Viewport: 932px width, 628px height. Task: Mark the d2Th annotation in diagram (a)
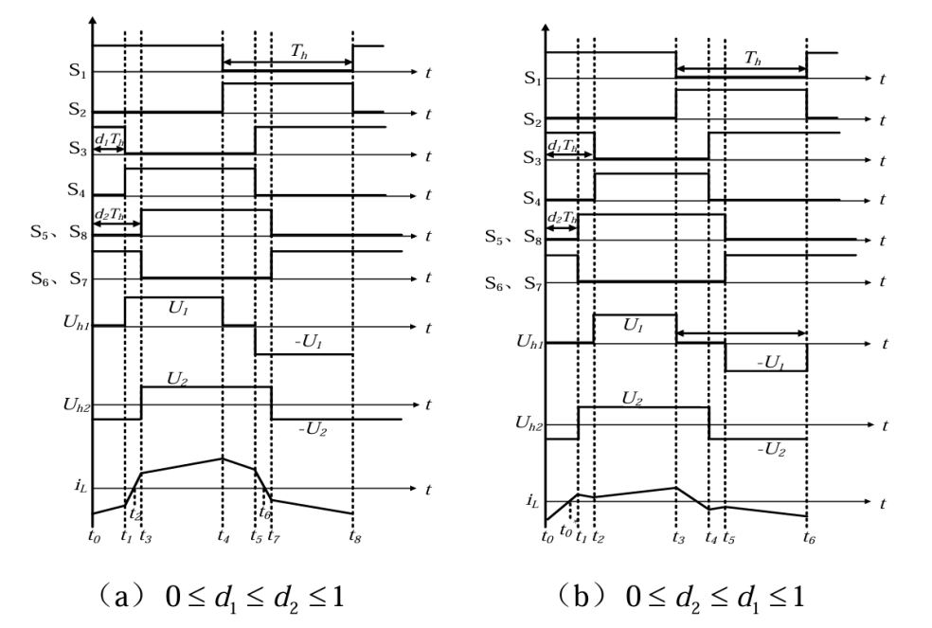[112, 214]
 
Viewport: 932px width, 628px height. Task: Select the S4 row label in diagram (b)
[531, 200]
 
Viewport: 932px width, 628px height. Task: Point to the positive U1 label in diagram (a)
[174, 309]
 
